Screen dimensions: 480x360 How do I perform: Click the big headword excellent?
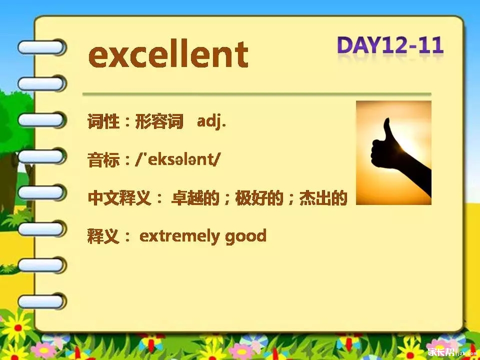click(x=168, y=55)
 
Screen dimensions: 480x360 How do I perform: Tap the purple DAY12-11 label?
click(x=390, y=45)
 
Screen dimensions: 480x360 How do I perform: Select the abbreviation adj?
click(x=211, y=122)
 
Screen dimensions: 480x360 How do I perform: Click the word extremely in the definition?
click(x=179, y=236)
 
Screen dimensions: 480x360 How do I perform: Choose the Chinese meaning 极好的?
click(x=259, y=198)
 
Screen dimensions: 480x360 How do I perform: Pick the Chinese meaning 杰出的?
click(x=323, y=198)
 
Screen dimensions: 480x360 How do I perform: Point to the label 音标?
click(x=103, y=159)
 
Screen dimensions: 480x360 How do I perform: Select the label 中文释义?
click(x=119, y=198)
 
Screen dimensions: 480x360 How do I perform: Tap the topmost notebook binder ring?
click(x=41, y=47)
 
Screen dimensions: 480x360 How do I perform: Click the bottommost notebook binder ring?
click(x=41, y=302)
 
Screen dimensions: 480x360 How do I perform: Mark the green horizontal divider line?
click(x=257, y=94)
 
